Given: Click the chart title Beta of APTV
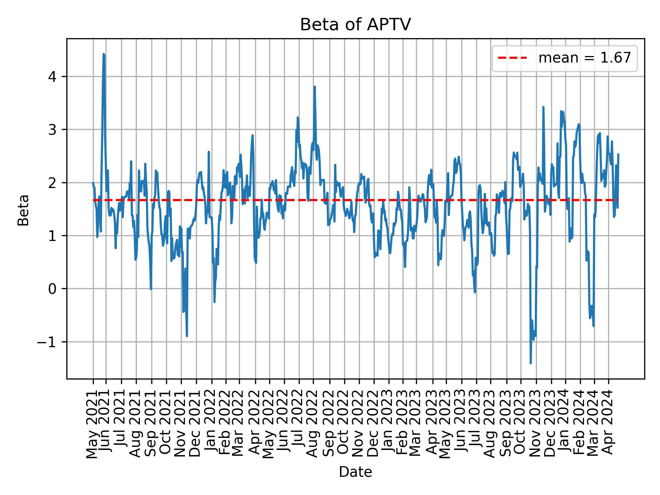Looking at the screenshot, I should (x=355, y=25).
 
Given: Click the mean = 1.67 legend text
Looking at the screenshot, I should (x=584, y=58).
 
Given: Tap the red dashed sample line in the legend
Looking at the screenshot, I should (x=512, y=58).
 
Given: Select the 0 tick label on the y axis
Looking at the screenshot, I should (x=52, y=289).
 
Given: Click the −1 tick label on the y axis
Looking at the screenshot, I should (x=47, y=342).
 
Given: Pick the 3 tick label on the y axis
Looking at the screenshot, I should (x=52, y=130).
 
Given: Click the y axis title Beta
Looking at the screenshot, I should (x=23, y=210).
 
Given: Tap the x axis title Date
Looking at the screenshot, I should (x=355, y=472).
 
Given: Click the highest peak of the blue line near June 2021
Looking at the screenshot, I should (x=104, y=54).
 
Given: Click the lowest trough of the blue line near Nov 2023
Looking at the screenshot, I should (x=531, y=363).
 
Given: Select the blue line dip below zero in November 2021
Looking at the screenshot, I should (x=187, y=335).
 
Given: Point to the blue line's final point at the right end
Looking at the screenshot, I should (x=618, y=154).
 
